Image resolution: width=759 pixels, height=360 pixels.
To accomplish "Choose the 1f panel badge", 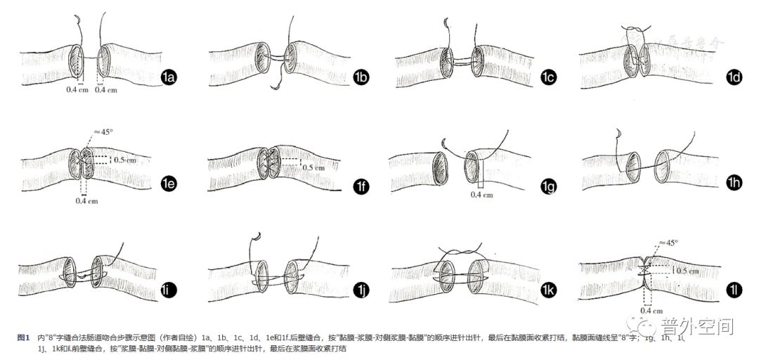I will tap(361, 186).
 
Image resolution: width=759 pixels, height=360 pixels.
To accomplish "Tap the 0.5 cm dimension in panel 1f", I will tap(313, 167).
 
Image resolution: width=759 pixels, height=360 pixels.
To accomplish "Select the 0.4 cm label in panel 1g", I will tap(482, 195).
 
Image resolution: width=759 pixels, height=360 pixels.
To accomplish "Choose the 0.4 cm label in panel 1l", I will tap(651, 310).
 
